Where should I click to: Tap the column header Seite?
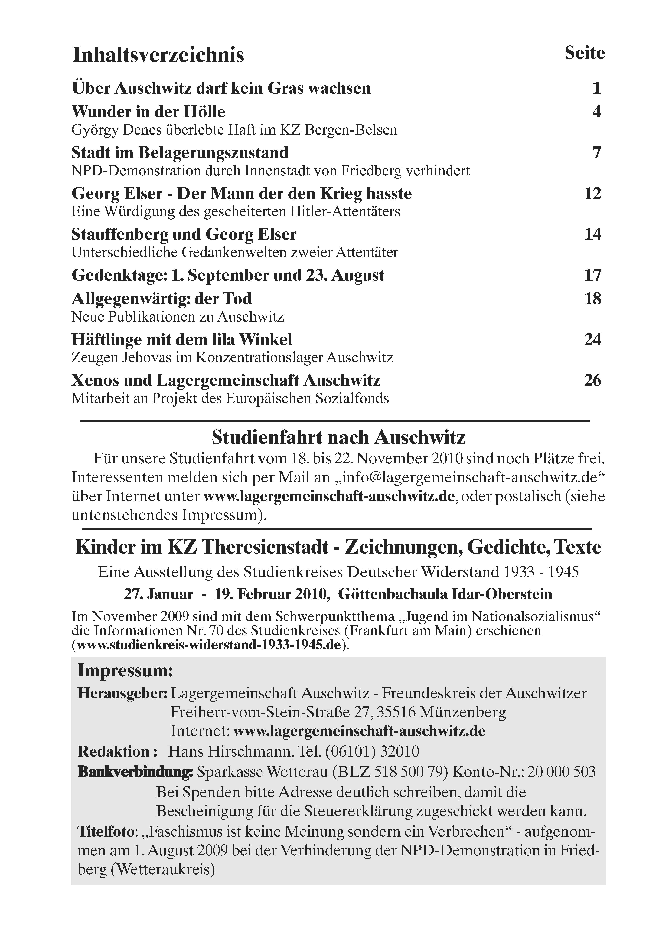pyautogui.click(x=584, y=53)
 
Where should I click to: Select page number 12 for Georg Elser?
pyautogui.click(x=593, y=193)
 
